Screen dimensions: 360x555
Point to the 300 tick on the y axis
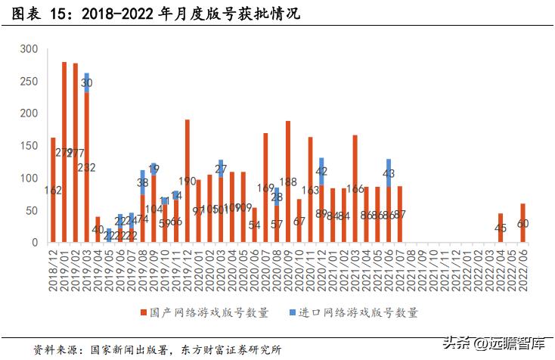tap(29, 49)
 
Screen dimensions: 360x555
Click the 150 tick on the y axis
tap(29, 113)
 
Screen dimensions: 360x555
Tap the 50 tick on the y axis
tap(32, 210)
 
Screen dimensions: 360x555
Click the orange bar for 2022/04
tap(501, 228)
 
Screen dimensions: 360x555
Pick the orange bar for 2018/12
tap(53, 190)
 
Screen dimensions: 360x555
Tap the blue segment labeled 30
tap(87, 82)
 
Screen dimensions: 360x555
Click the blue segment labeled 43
tap(389, 172)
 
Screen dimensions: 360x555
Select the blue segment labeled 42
tap(321, 171)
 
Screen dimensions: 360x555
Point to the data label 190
tap(187, 182)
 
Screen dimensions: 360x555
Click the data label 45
tap(501, 228)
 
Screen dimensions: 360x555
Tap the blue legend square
tap(293, 312)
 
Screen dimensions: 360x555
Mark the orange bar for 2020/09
tap(288, 182)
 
